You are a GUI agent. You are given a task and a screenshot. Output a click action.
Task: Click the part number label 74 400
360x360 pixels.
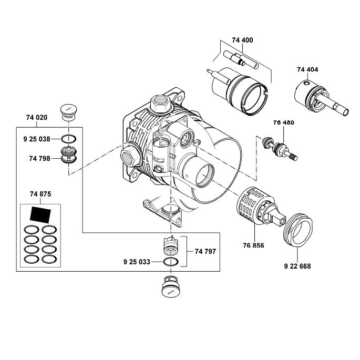pyautogui.click(x=242, y=40)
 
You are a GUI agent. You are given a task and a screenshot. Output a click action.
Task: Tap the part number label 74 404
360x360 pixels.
pyautogui.click(x=307, y=69)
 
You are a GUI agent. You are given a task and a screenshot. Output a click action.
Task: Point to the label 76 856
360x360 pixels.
pyautogui.click(x=254, y=245)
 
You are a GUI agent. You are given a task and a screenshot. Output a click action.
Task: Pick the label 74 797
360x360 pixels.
pyautogui.click(x=205, y=252)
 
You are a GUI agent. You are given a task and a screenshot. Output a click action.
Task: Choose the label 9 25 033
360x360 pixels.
pyautogui.click(x=138, y=261)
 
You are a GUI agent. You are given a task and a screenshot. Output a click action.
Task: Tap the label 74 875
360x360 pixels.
pyautogui.click(x=40, y=194)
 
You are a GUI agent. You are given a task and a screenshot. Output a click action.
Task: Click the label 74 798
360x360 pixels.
pyautogui.click(x=40, y=157)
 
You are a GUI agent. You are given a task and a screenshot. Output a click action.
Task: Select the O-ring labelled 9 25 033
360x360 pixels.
pyautogui.click(x=171, y=262)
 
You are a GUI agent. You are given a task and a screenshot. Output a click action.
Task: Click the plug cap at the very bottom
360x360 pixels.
pyautogui.click(x=171, y=287)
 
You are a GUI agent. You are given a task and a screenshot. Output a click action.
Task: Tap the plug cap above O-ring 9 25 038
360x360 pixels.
pyautogui.click(x=68, y=111)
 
